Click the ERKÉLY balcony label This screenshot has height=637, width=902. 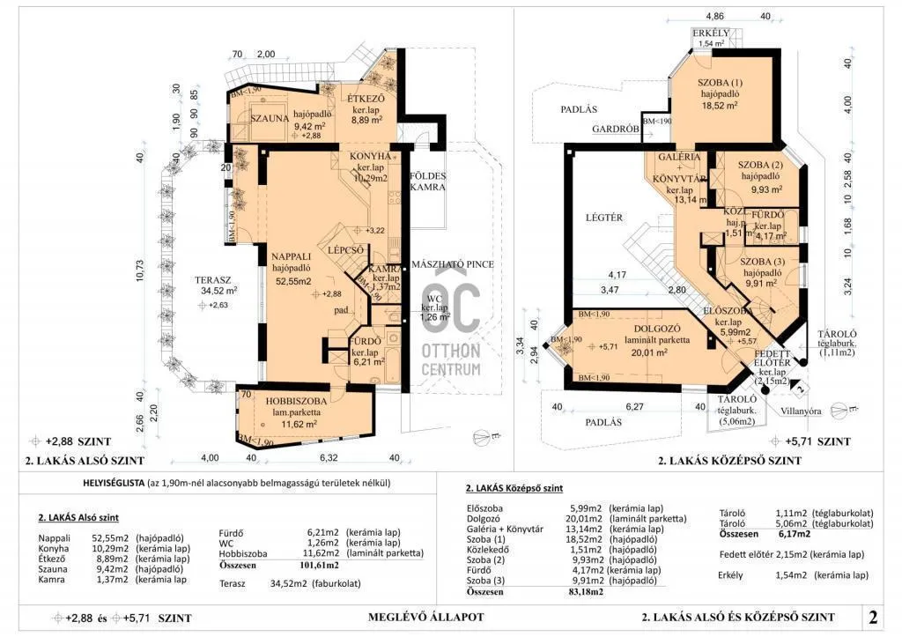coord(710,33)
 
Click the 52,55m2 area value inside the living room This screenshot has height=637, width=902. coord(293,281)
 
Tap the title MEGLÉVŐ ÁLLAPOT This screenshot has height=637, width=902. coord(425,617)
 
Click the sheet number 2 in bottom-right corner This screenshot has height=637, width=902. coord(873,616)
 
